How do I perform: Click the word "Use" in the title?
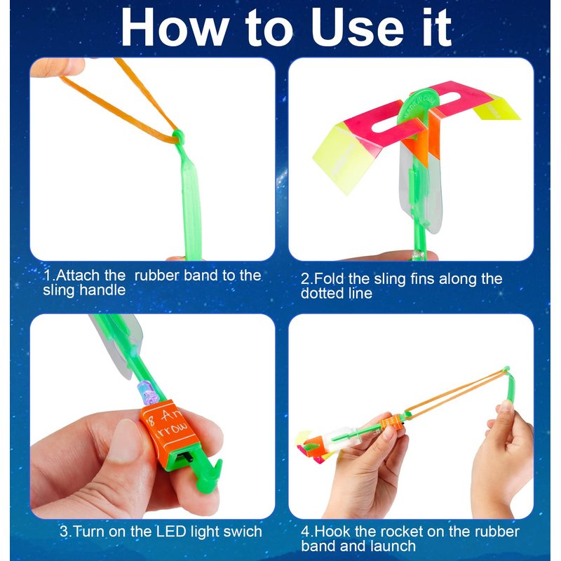tap(358, 28)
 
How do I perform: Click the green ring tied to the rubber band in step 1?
tap(178, 136)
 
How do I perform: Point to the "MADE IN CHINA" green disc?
tap(419, 107)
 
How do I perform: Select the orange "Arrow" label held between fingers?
tap(170, 432)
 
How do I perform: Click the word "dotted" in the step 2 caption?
tap(323, 293)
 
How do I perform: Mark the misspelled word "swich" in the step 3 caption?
tap(243, 532)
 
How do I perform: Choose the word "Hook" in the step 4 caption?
tap(332, 532)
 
